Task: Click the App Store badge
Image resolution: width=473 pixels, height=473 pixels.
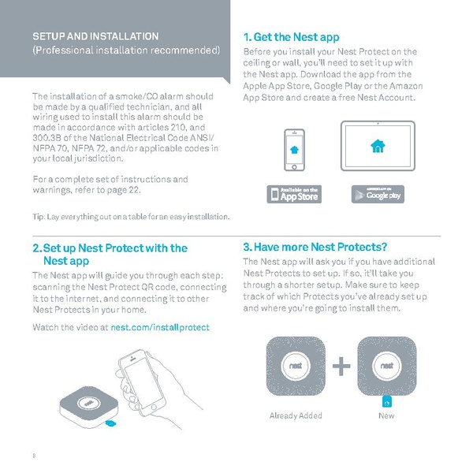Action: point(294,194)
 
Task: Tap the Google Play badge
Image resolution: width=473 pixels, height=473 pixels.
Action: point(378,194)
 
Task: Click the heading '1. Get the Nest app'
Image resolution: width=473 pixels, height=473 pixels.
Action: point(291,37)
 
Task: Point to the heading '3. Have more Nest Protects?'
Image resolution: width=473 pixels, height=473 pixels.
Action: point(315,247)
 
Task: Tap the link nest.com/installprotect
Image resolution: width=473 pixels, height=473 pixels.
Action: point(160,326)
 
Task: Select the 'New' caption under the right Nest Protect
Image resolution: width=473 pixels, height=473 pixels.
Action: point(386,415)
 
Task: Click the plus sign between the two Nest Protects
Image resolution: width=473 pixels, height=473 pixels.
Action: point(341,367)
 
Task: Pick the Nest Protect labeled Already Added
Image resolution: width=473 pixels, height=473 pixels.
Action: point(293,367)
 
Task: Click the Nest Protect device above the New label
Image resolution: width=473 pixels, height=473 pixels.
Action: point(386,367)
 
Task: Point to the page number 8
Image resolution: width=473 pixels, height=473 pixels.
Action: point(34,455)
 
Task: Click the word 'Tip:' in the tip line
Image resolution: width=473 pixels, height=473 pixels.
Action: point(39,217)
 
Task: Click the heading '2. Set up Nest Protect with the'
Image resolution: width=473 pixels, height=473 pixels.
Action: point(110,248)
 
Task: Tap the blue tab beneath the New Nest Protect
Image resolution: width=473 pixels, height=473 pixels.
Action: point(386,400)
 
